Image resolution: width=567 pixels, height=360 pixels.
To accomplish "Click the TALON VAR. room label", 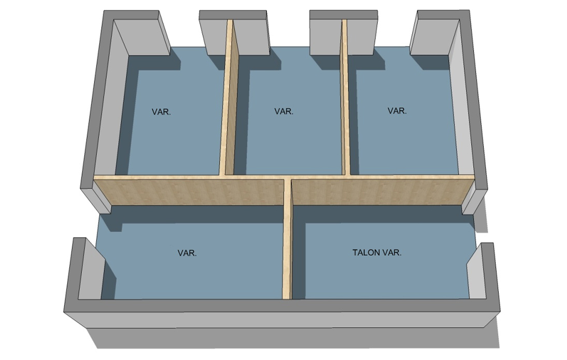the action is click(x=377, y=253).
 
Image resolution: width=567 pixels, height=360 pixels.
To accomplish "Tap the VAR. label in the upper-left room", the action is click(x=161, y=112).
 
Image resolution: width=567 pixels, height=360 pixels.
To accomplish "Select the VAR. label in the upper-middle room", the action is click(x=284, y=112).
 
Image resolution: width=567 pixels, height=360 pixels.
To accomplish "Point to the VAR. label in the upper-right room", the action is click(x=397, y=110).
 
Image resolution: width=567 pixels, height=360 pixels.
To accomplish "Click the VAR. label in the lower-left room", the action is click(x=187, y=253).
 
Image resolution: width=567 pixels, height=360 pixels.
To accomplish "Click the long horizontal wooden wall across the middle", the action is click(x=284, y=190).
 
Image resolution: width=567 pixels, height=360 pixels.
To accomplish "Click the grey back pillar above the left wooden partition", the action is click(x=234, y=33).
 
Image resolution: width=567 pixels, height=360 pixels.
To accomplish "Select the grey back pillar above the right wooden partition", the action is click(x=344, y=33).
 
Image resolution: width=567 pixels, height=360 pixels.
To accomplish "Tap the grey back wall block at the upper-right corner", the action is click(x=440, y=33).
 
